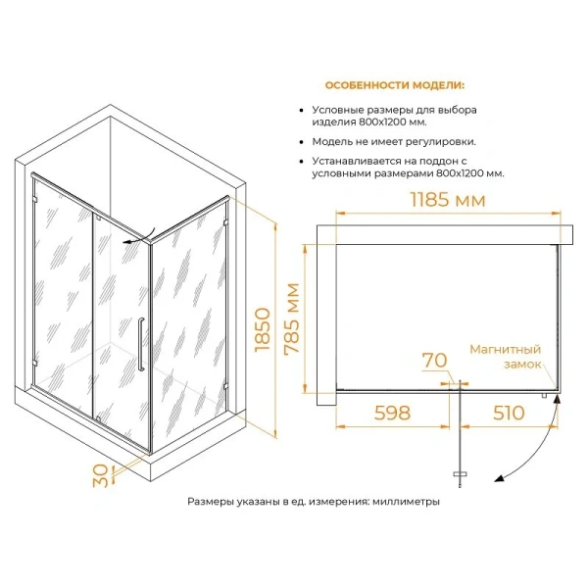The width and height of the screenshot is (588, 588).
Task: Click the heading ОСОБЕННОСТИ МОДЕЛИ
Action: click(x=395, y=85)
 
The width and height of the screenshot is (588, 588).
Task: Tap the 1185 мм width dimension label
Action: click(x=448, y=200)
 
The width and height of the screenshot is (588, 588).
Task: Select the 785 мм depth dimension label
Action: click(x=292, y=318)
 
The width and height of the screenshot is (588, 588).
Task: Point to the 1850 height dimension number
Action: click(x=263, y=329)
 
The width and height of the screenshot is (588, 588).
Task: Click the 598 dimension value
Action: click(x=393, y=413)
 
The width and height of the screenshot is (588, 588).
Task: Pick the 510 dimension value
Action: click(x=509, y=413)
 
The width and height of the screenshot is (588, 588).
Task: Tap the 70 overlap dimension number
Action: click(x=435, y=361)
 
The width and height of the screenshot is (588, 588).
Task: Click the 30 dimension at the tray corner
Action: click(x=101, y=475)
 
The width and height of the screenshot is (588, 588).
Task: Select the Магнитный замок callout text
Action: click(x=506, y=357)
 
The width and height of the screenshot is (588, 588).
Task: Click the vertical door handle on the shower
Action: click(x=141, y=344)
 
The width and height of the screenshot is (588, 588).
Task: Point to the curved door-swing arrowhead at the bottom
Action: click(x=499, y=478)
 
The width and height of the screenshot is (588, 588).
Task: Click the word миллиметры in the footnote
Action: click(x=406, y=502)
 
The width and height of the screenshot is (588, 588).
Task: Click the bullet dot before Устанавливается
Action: click(x=301, y=162)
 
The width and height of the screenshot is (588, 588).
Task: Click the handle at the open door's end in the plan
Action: click(x=460, y=474)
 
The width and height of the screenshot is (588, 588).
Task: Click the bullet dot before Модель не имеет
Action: click(x=301, y=142)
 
